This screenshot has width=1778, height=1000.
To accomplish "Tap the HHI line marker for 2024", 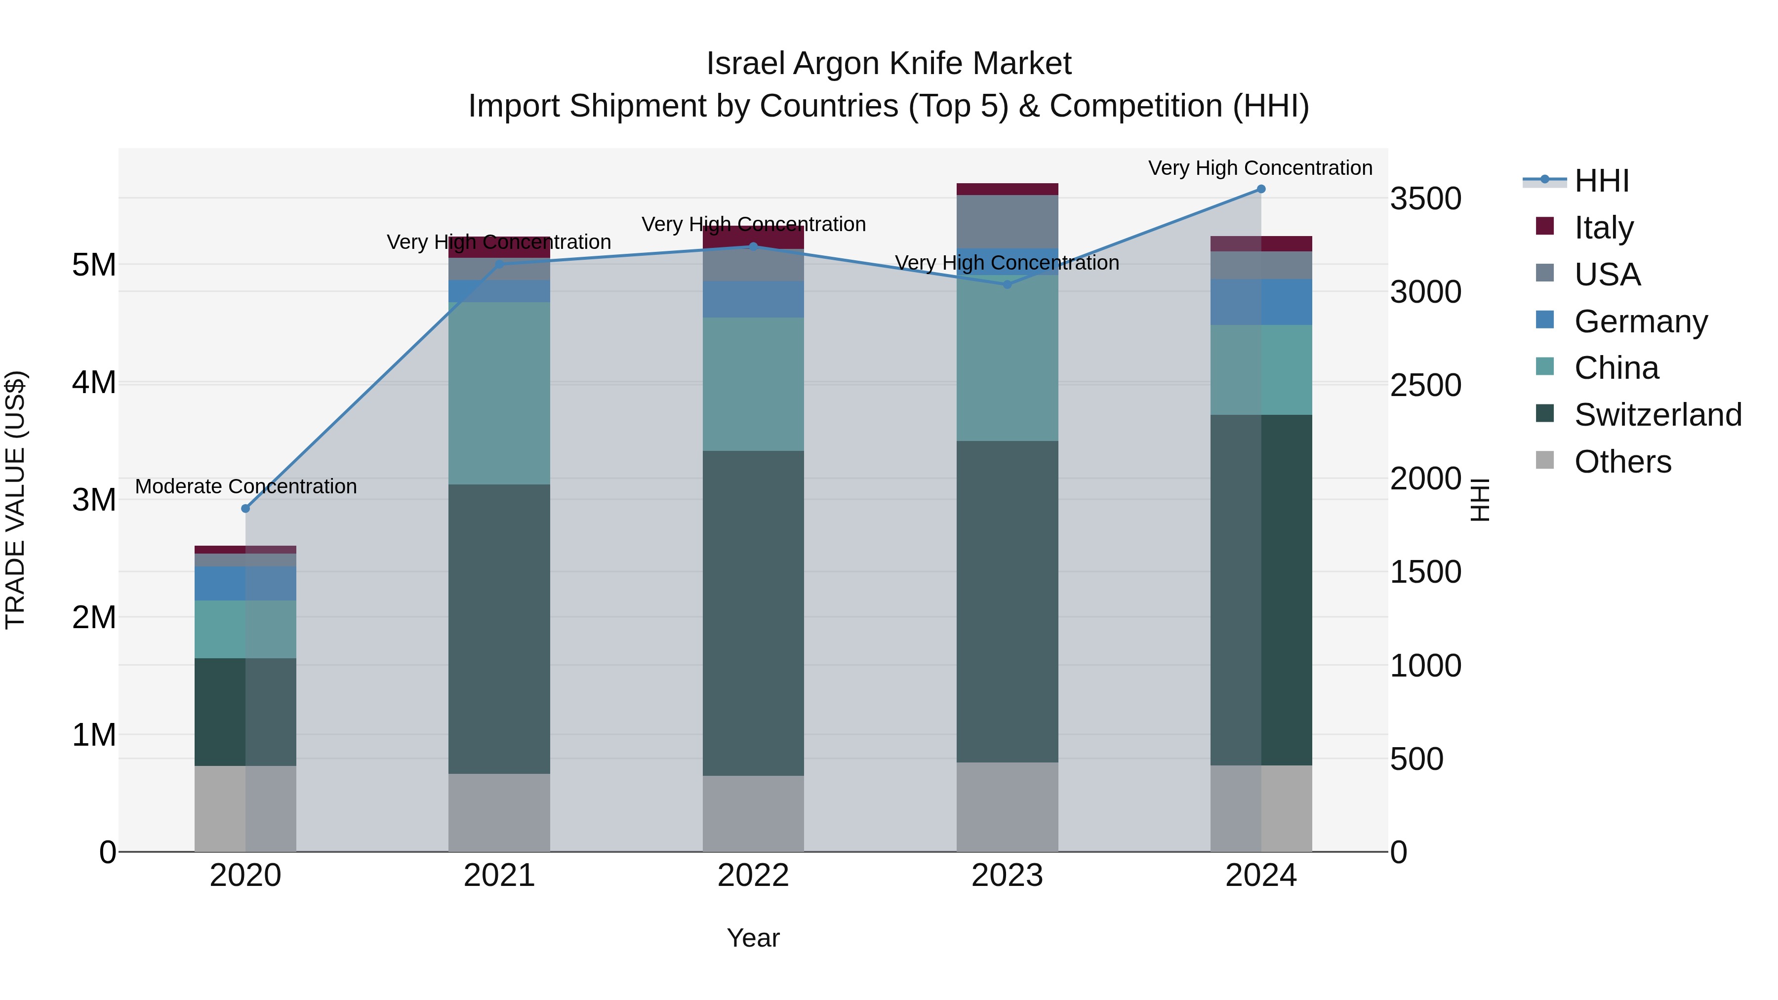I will (1261, 189).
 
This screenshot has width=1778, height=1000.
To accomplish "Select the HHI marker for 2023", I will (1007, 284).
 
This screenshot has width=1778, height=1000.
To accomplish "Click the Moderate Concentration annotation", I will (246, 486).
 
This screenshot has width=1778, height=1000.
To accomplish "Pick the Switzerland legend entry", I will (1657, 415).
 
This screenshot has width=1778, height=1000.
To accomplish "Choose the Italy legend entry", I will (1603, 227).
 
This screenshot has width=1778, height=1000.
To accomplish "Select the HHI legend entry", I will (1601, 181).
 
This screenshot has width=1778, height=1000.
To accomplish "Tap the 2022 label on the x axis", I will (753, 876).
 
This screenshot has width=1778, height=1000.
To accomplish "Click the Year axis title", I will (753, 938).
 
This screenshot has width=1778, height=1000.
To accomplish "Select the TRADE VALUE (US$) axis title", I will (15, 500).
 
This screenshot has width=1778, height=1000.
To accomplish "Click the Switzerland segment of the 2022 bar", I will (753, 613).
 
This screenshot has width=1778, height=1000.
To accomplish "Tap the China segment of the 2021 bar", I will (499, 394).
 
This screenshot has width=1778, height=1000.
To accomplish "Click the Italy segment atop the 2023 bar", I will (1007, 189).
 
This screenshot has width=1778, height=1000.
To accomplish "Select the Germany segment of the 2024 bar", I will (1261, 302).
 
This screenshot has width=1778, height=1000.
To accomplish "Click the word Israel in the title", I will (746, 64).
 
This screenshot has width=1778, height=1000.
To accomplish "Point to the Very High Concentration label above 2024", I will (1260, 168).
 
